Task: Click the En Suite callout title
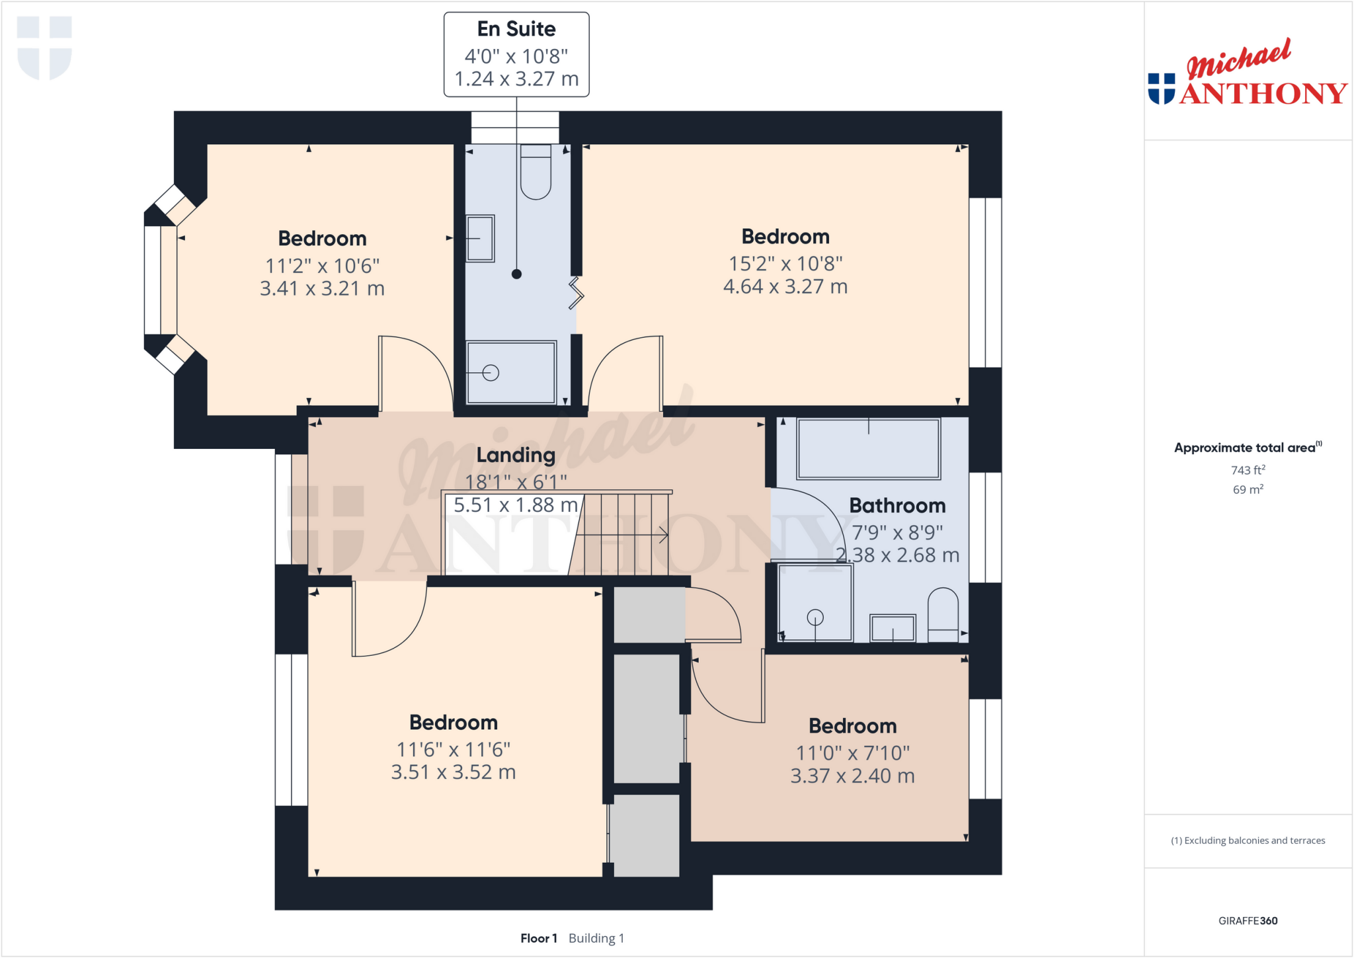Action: (516, 29)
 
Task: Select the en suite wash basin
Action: (480, 238)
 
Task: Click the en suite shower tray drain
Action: (491, 373)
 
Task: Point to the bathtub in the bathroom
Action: (868, 449)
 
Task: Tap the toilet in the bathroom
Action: (943, 615)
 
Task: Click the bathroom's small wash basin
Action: (893, 628)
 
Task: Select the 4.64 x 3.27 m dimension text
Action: (785, 286)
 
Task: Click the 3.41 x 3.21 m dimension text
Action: (322, 288)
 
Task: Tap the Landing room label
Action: (516, 455)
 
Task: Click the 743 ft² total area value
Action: (1248, 470)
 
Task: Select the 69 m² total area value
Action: (1248, 489)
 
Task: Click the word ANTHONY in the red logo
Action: (1263, 93)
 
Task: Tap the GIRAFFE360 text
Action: (1248, 920)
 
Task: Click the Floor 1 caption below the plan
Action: (538, 938)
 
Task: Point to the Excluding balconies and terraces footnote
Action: (1248, 840)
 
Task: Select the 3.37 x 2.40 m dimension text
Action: (852, 776)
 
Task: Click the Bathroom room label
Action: (897, 506)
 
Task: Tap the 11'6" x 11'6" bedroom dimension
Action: (454, 749)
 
